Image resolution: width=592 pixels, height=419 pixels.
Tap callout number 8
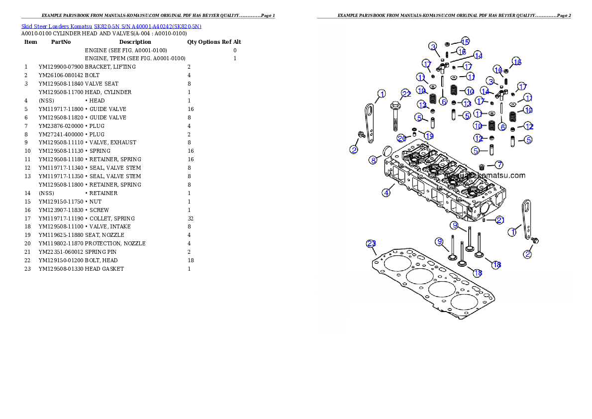click(373, 160)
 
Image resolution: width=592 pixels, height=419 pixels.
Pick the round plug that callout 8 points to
click(387, 152)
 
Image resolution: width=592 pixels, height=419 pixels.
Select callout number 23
click(371, 243)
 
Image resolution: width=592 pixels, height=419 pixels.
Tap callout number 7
click(498, 165)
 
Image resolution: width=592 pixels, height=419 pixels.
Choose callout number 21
click(500, 220)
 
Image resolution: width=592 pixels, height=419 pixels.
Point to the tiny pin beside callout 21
click(484, 219)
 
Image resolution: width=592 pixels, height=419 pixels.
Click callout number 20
click(401, 138)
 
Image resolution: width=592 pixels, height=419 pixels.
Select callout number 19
click(429, 135)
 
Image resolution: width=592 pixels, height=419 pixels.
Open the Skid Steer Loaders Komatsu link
click(57, 26)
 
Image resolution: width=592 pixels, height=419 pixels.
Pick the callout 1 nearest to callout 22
click(382, 93)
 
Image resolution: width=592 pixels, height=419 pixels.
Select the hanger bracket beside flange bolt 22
click(370, 122)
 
